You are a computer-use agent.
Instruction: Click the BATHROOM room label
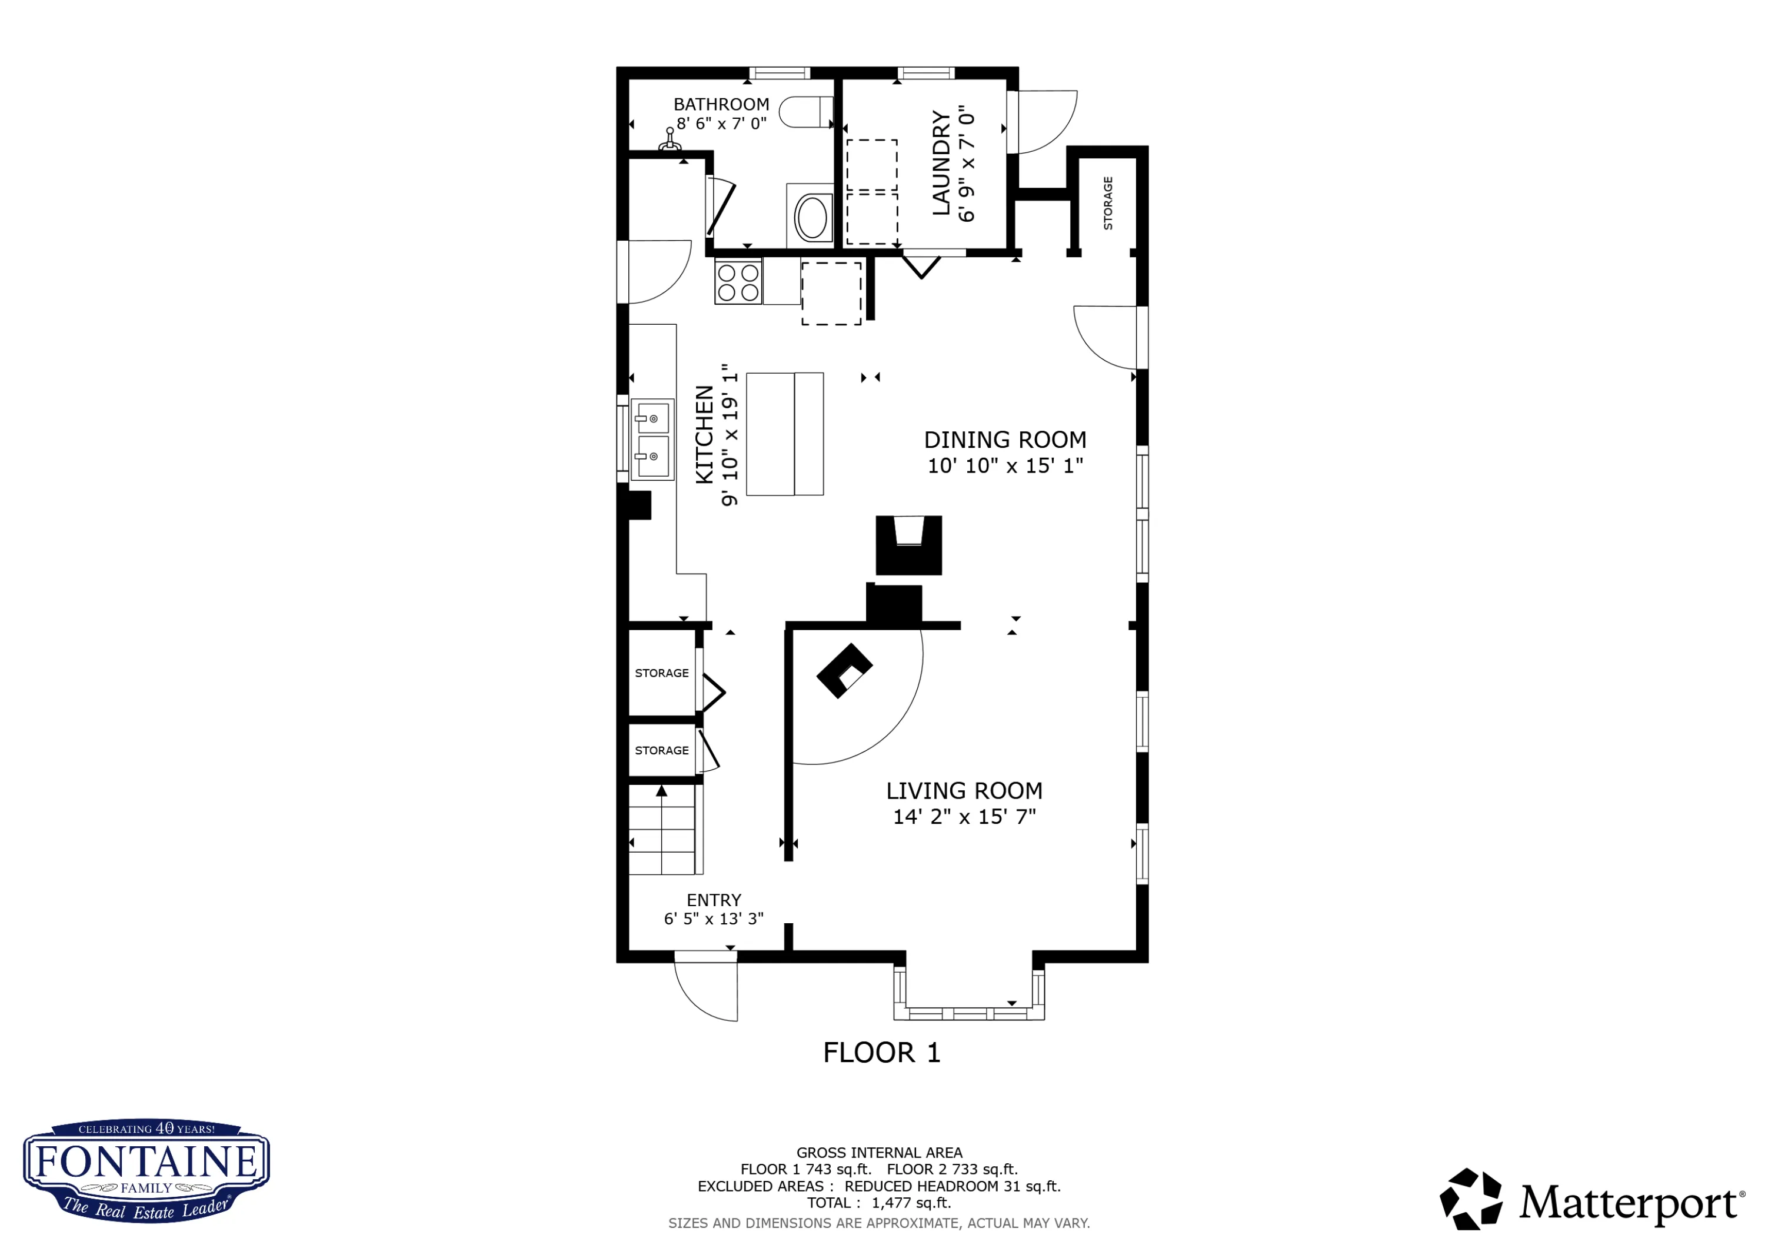tap(721, 105)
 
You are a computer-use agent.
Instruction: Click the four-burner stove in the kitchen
tap(738, 281)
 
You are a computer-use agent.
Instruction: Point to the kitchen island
tap(785, 434)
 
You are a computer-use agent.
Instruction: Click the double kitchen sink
tap(652, 439)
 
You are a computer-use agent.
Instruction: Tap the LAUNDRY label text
tap(941, 162)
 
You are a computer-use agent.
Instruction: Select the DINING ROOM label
tap(1005, 440)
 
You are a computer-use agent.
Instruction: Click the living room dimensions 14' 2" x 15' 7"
tap(964, 817)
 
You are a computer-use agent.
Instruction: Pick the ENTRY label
tap(714, 900)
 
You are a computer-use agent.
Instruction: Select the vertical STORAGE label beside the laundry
tap(1108, 203)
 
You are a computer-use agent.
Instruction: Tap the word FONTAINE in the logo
tap(146, 1160)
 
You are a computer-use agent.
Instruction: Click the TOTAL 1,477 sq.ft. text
tap(878, 1203)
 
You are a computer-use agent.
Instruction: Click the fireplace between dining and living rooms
tap(908, 545)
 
